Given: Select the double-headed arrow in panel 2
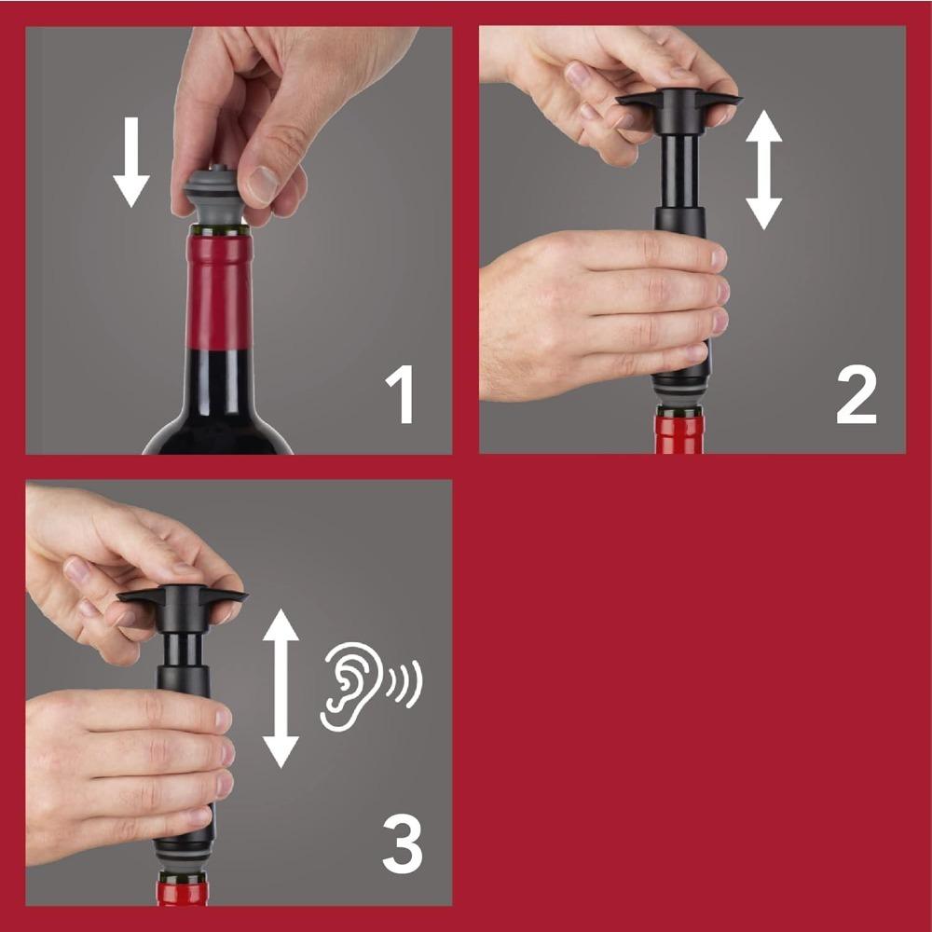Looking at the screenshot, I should (763, 169).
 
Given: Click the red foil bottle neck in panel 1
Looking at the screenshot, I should (219, 289).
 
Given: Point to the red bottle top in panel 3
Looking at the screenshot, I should (182, 890).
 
